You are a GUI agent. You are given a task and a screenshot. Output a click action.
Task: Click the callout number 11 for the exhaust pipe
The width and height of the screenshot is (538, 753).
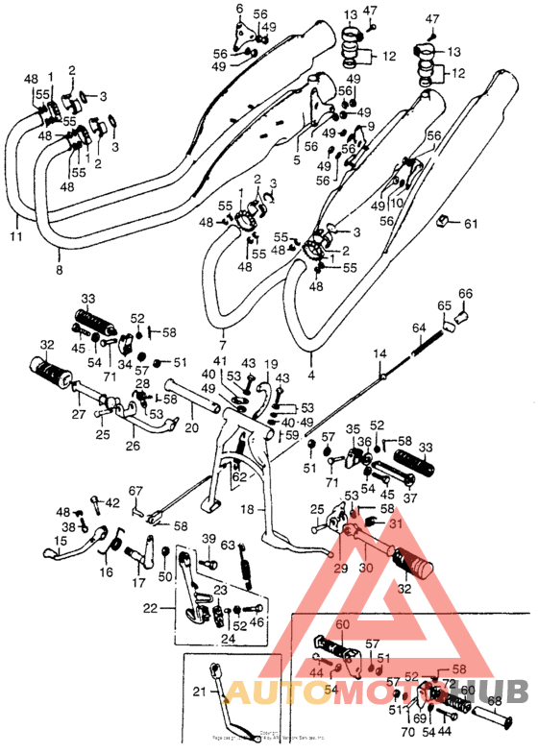15,234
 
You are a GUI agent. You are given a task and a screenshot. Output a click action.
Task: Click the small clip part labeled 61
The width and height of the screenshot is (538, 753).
443,223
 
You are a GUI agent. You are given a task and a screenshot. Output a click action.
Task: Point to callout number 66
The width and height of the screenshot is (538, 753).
465,294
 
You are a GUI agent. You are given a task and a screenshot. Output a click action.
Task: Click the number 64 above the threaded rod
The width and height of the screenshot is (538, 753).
418,328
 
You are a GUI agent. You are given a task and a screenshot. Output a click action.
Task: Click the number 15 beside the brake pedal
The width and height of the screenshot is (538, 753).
60,542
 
